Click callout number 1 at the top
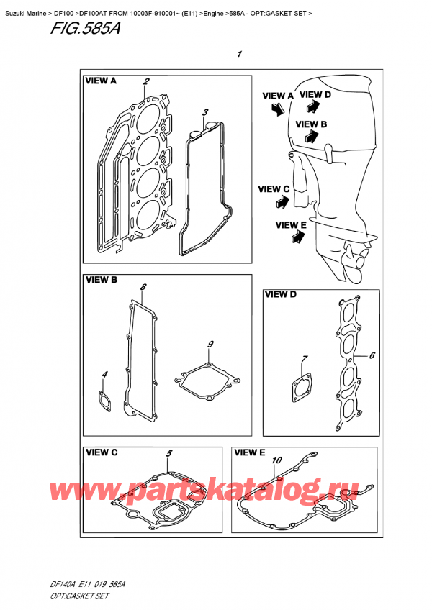tap(239, 55)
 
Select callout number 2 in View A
tap(146, 81)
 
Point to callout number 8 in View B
tap(143, 288)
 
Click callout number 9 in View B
tap(210, 345)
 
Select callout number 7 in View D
tap(305, 359)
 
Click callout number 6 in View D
tap(372, 355)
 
